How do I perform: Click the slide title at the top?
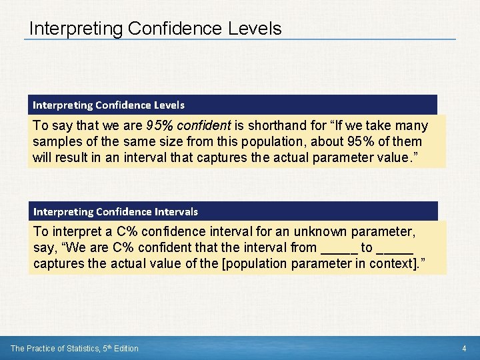[155, 29]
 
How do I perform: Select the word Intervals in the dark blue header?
[175, 211]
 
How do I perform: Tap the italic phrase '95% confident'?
[183, 125]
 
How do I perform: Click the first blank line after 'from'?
[339, 248]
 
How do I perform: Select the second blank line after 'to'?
[394, 248]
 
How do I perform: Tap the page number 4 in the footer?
[465, 348]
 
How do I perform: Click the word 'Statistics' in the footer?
[83, 348]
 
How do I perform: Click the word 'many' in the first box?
[412, 125]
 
